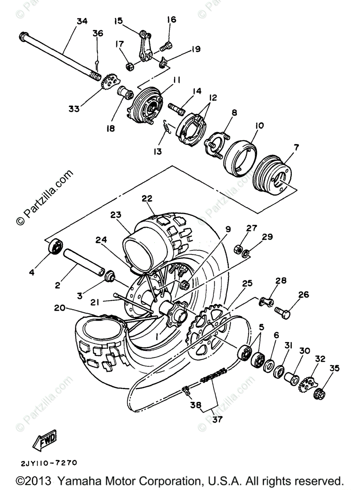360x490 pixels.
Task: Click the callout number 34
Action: pyautogui.click(x=82, y=22)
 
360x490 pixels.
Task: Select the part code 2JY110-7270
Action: pyautogui.click(x=48, y=463)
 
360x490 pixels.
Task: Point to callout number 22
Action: pyautogui.click(x=147, y=198)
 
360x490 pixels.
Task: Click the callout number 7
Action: pyautogui.click(x=296, y=147)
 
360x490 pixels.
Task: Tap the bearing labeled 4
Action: pyautogui.click(x=55, y=247)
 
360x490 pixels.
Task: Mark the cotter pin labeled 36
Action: pyautogui.click(x=97, y=63)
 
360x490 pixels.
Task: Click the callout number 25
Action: pyautogui.click(x=247, y=283)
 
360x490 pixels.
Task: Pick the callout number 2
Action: pyautogui.click(x=58, y=285)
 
